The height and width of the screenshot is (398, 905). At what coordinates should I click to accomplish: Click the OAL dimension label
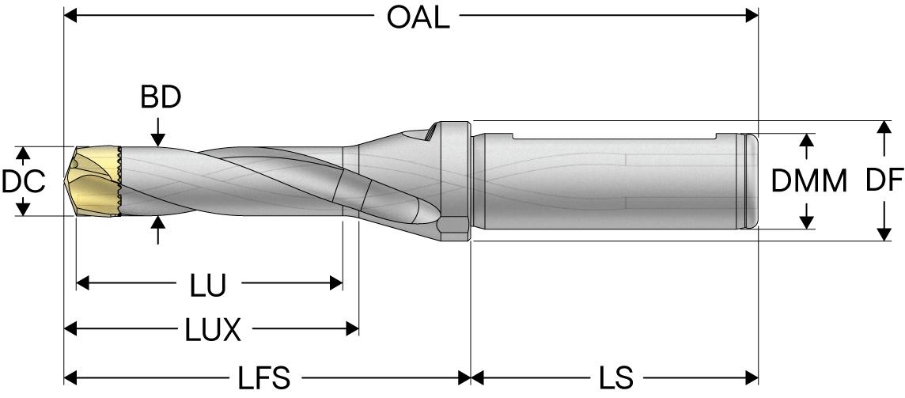[418, 17]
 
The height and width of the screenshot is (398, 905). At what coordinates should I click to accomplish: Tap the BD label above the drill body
[161, 98]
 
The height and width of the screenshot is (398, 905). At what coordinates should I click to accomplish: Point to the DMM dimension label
[808, 181]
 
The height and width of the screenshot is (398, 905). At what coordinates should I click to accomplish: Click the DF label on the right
[883, 181]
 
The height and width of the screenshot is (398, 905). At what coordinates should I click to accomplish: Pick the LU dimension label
[208, 286]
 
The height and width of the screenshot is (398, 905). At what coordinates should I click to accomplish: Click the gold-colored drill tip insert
[93, 181]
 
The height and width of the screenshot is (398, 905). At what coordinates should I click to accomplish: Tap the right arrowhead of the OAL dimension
[751, 16]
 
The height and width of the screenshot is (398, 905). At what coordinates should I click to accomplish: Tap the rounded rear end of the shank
[752, 181]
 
